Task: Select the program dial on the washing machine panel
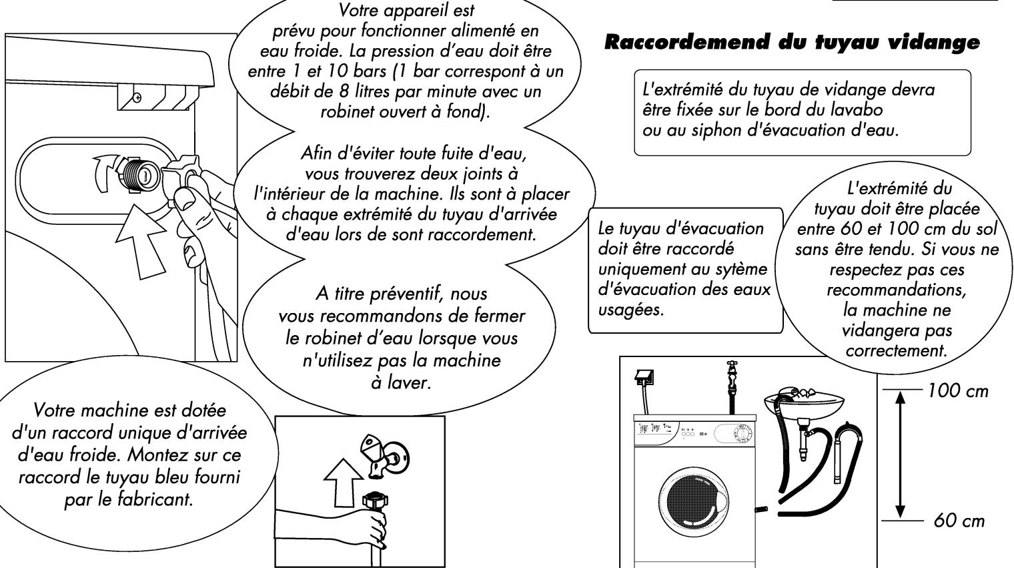coord(739,433)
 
